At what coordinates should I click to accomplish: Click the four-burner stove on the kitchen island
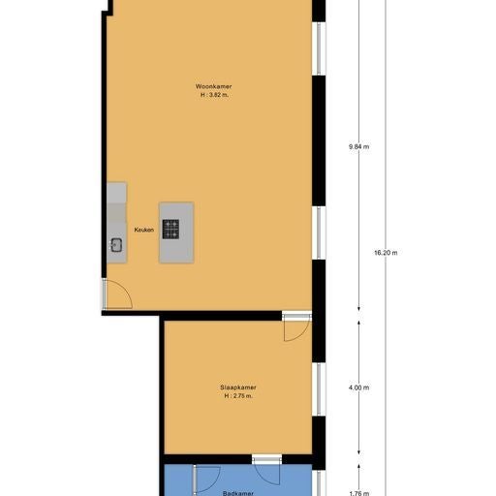click(x=170, y=230)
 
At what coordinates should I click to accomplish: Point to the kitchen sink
click(x=116, y=244)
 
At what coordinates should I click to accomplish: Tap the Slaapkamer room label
click(x=238, y=387)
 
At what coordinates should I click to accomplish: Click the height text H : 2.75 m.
click(x=238, y=395)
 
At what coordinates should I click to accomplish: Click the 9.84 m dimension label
click(x=358, y=146)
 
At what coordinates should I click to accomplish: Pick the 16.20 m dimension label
click(x=386, y=253)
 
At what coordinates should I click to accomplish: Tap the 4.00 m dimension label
click(x=358, y=387)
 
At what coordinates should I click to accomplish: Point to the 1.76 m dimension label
click(x=358, y=492)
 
